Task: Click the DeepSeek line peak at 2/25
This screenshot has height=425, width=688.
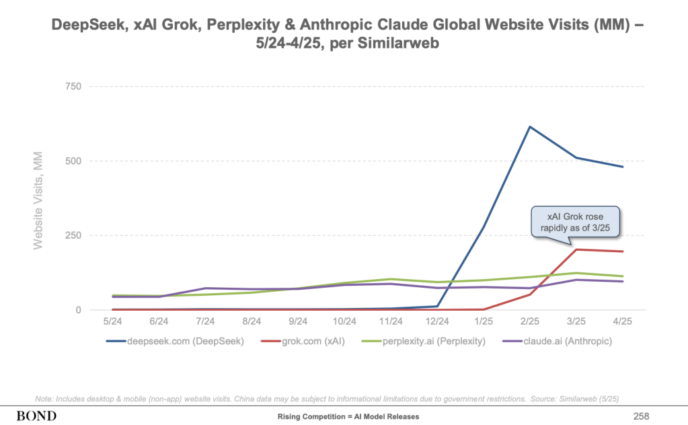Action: (530, 126)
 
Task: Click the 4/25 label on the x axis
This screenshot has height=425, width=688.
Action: (622, 322)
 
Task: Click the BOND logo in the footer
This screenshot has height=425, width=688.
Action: (38, 416)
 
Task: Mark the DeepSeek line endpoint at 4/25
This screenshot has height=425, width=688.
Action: (622, 167)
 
